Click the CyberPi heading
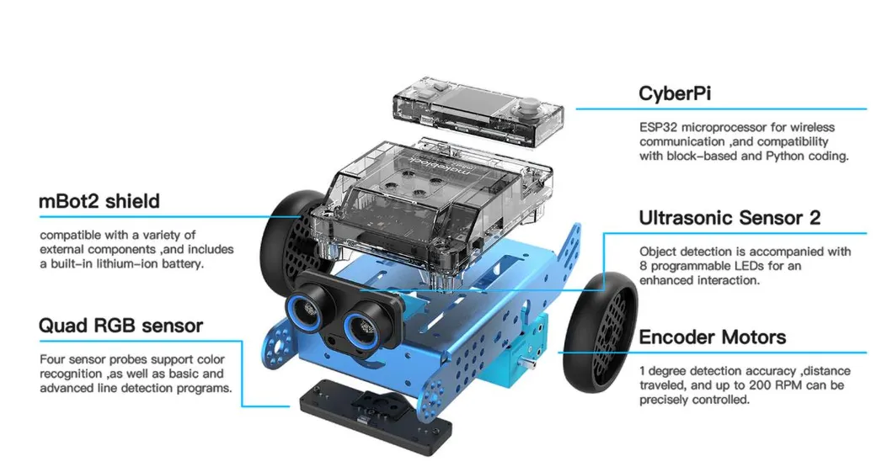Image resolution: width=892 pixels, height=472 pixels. (x=675, y=93)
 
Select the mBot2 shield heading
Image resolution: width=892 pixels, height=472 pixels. (x=99, y=202)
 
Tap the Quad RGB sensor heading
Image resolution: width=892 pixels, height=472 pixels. (x=120, y=326)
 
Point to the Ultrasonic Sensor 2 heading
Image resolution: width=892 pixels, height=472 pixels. (x=729, y=218)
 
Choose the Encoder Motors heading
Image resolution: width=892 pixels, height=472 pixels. (x=713, y=337)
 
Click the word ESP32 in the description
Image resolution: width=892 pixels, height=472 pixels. (x=658, y=128)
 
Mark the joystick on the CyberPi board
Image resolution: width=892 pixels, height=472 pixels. (x=530, y=106)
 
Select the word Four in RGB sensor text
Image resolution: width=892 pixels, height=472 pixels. (x=51, y=359)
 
